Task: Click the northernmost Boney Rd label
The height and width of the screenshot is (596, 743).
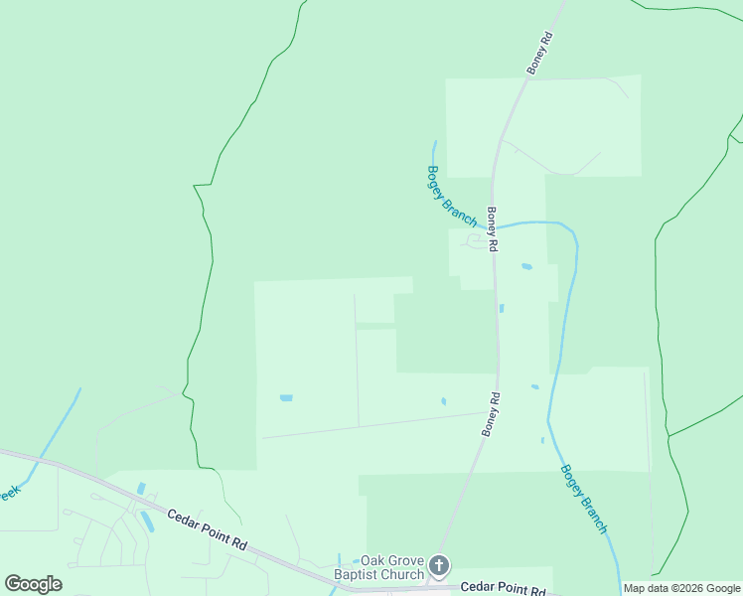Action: pos(539,52)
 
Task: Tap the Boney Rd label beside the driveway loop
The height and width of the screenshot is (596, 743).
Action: pos(492,227)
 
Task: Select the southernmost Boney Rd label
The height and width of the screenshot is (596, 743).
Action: pos(492,412)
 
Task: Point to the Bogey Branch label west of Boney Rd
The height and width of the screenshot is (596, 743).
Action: pos(452,195)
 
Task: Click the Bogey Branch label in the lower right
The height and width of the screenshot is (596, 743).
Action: pos(584,499)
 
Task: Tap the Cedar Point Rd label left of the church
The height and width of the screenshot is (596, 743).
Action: pos(207,530)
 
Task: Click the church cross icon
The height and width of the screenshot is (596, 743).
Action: pos(440,567)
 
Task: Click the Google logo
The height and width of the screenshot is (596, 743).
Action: pos(33,583)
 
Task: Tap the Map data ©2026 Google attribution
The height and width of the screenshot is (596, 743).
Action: pos(681,588)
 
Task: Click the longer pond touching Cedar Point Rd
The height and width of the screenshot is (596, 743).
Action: pos(147,521)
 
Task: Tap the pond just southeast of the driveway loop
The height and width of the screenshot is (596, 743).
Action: pos(526,266)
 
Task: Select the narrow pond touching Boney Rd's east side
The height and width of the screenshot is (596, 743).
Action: pos(502,308)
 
